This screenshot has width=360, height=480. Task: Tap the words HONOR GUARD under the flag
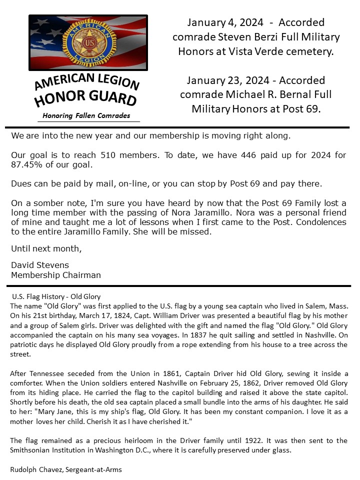85,97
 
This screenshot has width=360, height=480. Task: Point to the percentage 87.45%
26,164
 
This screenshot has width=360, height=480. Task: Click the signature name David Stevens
40,265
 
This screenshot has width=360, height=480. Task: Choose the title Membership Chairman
56,275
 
